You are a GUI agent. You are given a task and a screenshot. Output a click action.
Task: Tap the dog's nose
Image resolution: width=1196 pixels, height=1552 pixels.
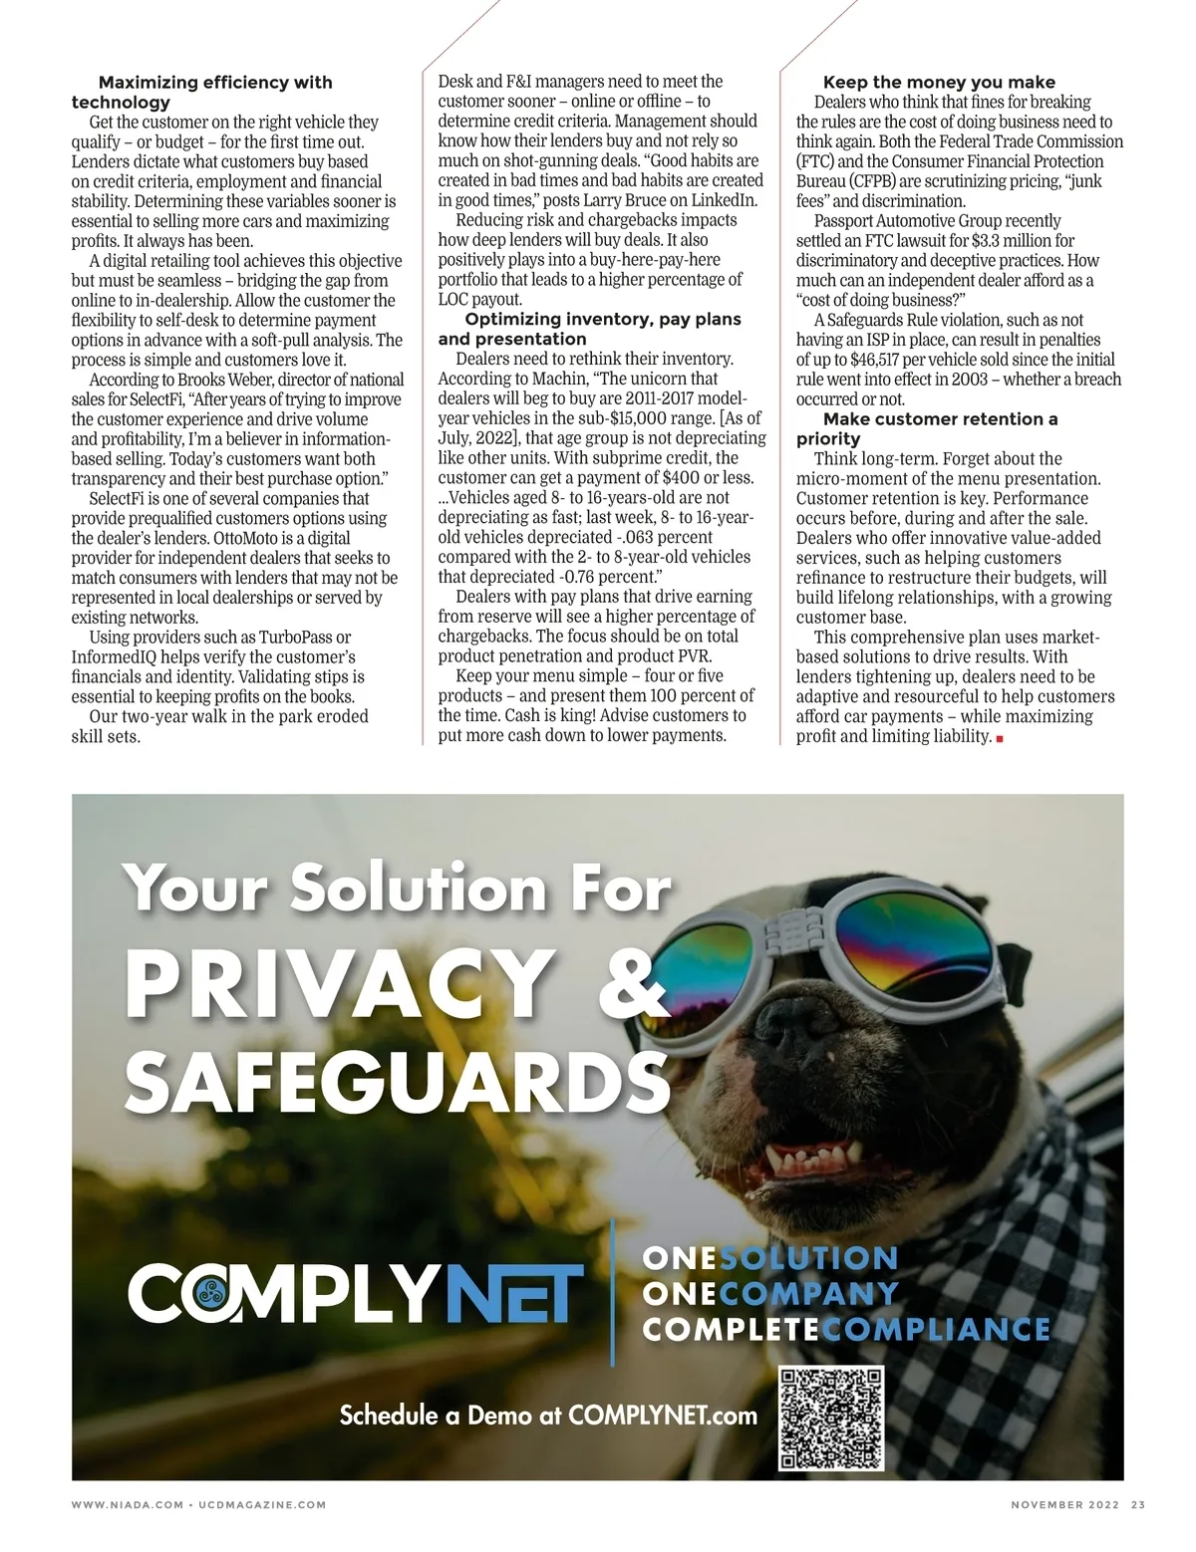click(x=796, y=1023)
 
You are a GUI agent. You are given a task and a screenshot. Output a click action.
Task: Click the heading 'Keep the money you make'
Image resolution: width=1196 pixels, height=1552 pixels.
click(x=938, y=82)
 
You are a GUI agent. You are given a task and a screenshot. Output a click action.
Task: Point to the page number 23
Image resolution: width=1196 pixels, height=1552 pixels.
click(x=1137, y=1504)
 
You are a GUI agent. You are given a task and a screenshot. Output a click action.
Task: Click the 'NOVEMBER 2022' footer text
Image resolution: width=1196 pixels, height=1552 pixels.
click(x=1064, y=1504)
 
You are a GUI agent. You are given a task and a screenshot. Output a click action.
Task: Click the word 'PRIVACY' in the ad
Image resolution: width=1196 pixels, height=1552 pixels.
click(x=339, y=983)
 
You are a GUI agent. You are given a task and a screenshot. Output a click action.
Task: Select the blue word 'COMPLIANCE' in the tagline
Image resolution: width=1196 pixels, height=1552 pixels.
click(x=939, y=1329)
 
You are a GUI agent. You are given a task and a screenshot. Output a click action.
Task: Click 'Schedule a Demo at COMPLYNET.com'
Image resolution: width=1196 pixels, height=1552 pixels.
click(x=548, y=1415)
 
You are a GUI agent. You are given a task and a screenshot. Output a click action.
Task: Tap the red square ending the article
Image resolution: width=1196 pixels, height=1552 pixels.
click(x=999, y=738)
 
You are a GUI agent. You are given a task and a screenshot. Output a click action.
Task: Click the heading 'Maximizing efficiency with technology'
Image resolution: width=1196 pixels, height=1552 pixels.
click(x=201, y=92)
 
